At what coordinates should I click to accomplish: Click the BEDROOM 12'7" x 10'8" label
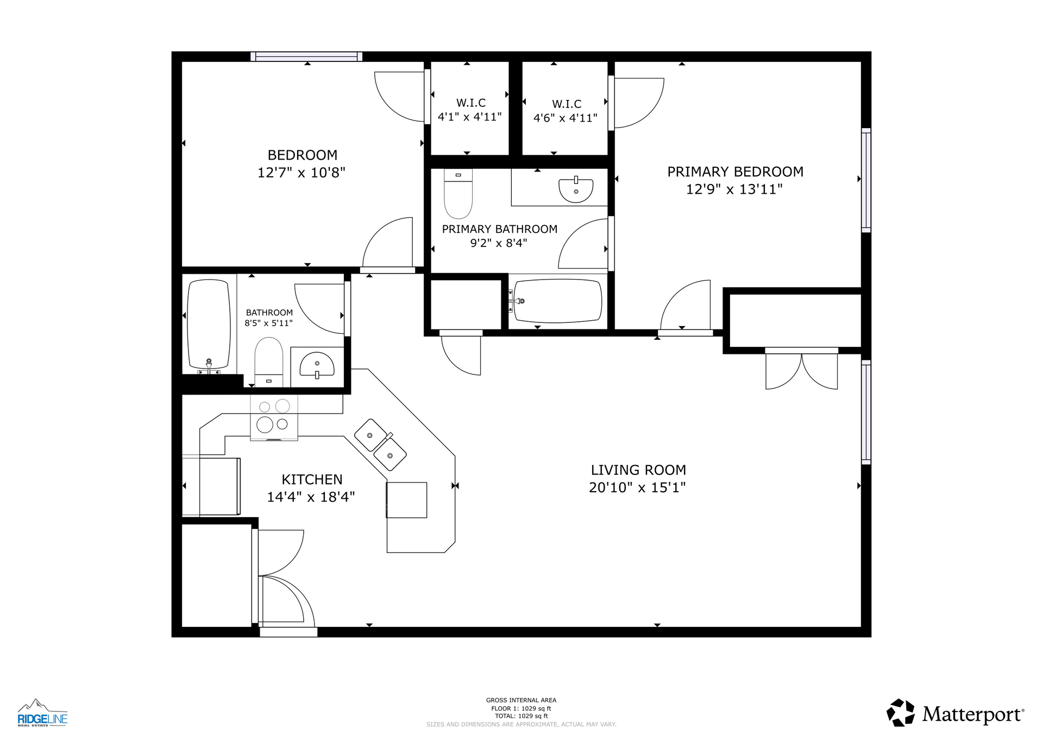301,163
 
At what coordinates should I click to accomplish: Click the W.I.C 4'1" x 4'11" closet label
470,110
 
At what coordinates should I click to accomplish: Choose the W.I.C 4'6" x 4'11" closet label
566,111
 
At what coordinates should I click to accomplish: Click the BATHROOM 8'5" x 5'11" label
269,317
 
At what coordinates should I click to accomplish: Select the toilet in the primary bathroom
458,193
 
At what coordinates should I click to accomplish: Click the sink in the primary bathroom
576,189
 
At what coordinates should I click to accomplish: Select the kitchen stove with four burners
274,417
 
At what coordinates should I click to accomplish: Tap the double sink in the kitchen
380,444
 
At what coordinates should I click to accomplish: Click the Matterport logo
956,713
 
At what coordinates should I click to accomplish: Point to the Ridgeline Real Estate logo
42,713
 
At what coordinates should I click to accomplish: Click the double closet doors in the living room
801,371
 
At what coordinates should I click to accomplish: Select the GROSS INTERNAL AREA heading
521,700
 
